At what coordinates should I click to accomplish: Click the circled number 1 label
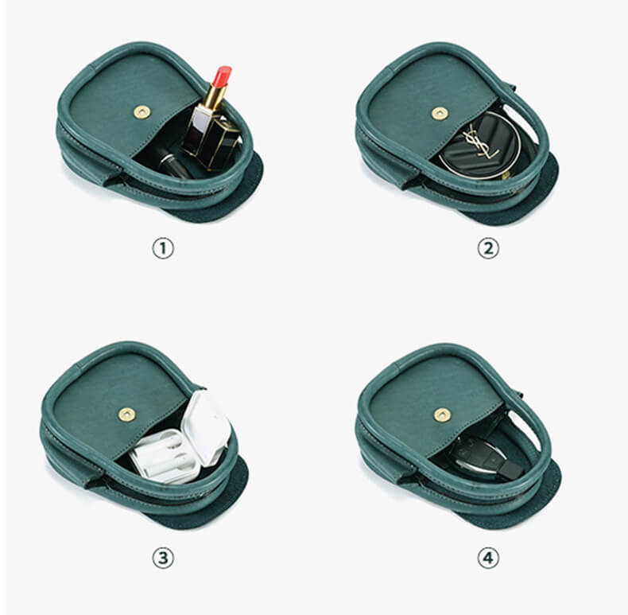162,248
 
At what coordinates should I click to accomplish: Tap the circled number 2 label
487,248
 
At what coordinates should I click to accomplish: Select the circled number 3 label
162,559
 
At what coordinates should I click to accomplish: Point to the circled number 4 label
487,559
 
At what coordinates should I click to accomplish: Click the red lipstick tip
223,76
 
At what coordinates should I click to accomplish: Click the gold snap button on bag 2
439,114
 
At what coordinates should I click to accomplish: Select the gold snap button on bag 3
126,414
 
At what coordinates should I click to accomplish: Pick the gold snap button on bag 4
442,415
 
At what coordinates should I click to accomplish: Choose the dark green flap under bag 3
215,497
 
